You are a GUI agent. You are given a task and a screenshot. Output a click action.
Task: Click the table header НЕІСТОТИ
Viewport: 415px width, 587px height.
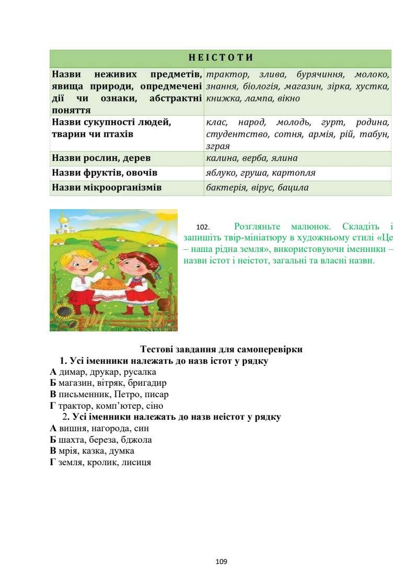(220, 57)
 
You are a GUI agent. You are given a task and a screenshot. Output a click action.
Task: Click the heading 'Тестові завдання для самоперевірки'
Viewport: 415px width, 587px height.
(222, 349)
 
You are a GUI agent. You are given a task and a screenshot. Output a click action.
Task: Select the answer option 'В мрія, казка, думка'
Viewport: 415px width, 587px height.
(92, 451)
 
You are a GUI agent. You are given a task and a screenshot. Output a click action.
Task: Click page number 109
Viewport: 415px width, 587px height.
(221, 562)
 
